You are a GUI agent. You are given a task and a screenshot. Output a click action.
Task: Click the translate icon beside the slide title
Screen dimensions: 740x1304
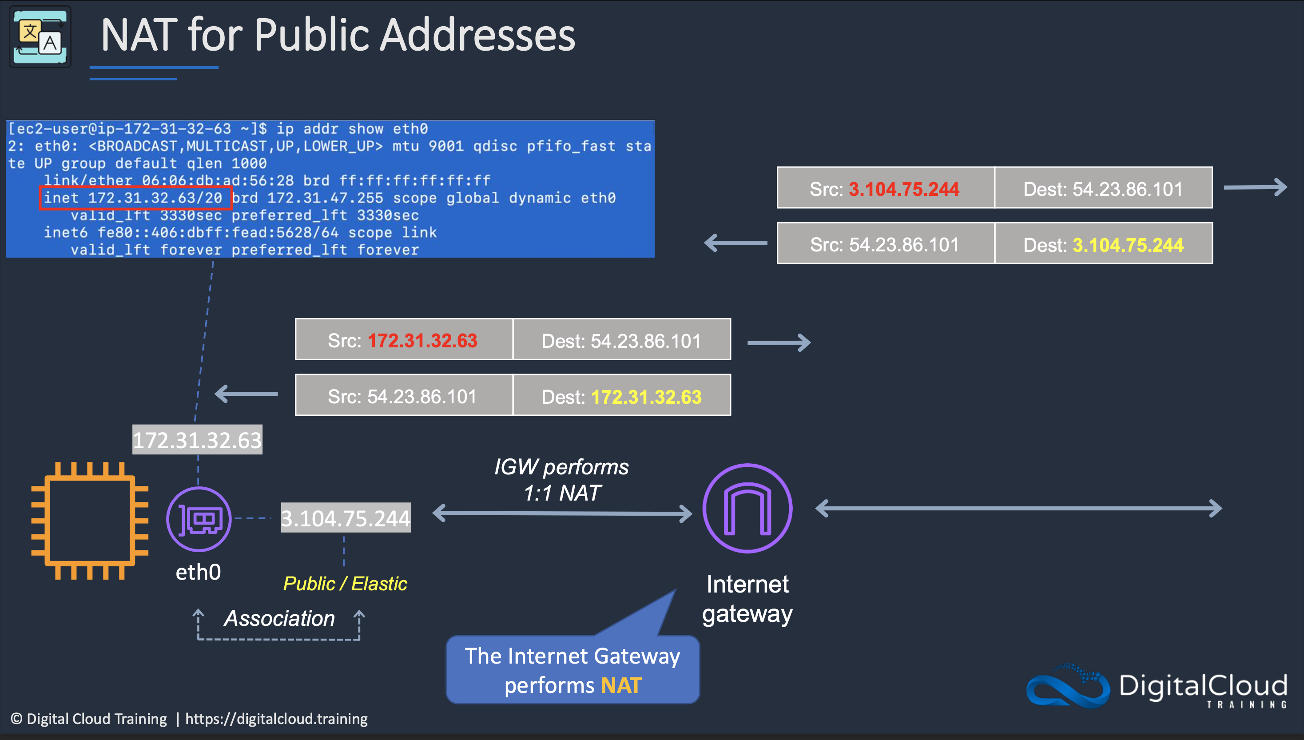40,36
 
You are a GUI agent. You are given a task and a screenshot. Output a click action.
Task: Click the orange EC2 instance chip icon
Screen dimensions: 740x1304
89,521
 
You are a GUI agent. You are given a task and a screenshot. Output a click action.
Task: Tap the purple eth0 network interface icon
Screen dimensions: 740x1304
199,519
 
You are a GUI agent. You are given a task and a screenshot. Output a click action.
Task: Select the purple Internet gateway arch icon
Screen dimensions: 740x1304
747,508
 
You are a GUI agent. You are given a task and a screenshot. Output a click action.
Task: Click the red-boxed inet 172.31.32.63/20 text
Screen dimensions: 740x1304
135,198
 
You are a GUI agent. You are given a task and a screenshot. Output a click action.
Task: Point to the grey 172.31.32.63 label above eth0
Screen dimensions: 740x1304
197,440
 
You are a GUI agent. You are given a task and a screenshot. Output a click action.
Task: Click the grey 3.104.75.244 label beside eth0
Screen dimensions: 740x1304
346,518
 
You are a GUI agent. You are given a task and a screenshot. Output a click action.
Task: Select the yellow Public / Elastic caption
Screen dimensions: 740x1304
345,584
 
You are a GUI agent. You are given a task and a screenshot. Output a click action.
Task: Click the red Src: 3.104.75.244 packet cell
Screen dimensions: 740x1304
885,189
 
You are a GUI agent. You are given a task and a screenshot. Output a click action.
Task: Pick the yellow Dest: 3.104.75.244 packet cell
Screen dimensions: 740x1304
1103,244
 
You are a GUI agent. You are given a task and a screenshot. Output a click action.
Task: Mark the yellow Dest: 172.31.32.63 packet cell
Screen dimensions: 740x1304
621,396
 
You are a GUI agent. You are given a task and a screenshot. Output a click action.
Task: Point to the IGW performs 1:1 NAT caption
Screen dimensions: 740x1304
561,480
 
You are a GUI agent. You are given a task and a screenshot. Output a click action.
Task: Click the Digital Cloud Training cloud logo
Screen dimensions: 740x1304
1067,686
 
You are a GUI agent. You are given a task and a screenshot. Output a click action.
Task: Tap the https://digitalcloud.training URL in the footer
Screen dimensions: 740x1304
276,719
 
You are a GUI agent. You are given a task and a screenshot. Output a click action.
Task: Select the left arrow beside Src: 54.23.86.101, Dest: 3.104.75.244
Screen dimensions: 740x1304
735,243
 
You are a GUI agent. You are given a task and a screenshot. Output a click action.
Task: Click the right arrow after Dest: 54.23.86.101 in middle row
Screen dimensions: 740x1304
779,342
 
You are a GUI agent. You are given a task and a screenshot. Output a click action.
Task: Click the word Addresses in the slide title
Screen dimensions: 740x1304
478,36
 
